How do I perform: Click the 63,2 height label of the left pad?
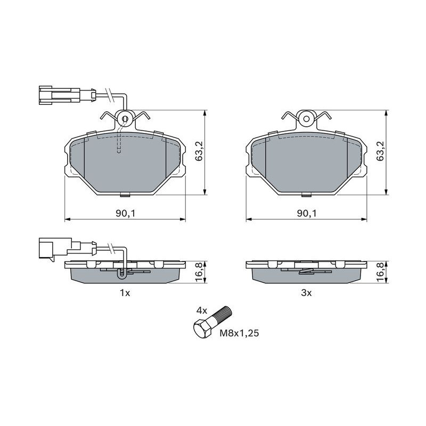tap(199, 151)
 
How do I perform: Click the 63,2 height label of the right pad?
tap(381, 151)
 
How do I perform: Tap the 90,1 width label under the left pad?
tap(125, 214)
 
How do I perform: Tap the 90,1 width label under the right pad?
tap(307, 214)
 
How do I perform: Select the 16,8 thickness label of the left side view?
tap(199, 272)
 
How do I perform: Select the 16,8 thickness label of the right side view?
tap(381, 272)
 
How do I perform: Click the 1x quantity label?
tap(125, 293)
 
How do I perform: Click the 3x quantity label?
tap(306, 293)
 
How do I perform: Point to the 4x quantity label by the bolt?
tap(202, 311)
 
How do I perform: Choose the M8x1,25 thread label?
tap(239, 333)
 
